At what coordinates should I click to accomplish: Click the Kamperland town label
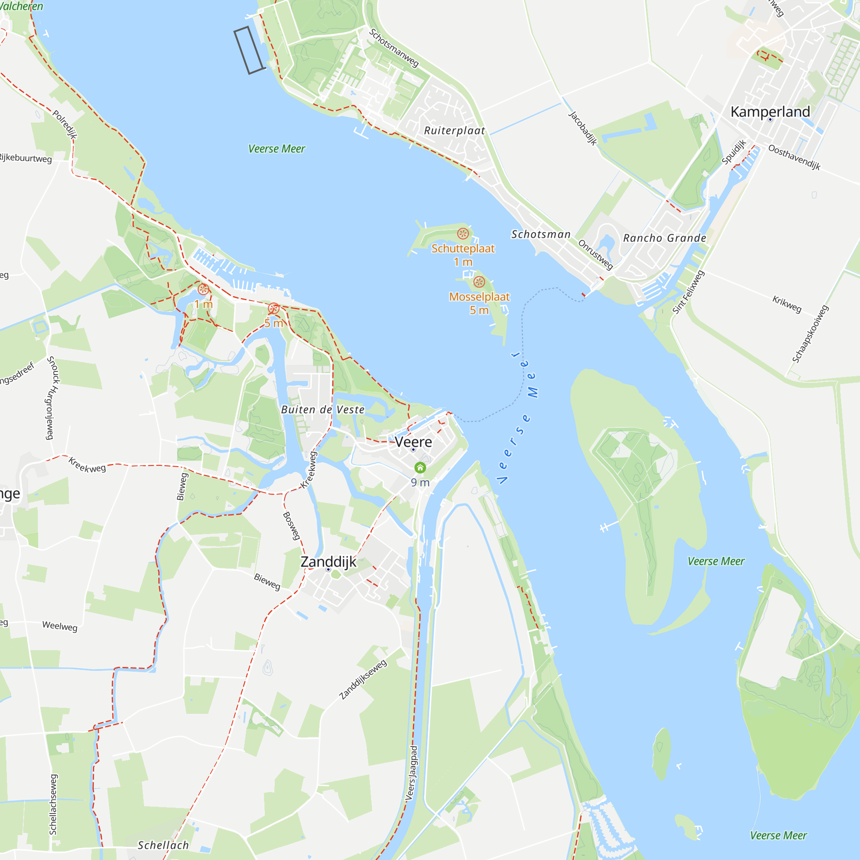point(770,112)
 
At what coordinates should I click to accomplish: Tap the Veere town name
point(413,442)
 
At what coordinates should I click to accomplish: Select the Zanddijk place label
point(329,562)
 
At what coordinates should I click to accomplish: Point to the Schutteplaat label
point(463,249)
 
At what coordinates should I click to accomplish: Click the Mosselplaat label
point(479,296)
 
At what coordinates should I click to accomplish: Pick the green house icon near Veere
point(420,467)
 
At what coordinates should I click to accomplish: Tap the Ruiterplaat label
point(455,130)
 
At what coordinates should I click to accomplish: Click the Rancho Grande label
point(665,238)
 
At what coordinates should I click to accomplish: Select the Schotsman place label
point(541,234)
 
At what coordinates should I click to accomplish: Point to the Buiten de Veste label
point(323,409)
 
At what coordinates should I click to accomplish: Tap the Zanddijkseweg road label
point(363,680)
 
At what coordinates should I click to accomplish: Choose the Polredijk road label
point(65,125)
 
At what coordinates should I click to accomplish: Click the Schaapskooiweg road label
point(810,334)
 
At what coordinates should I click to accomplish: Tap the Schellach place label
point(163,845)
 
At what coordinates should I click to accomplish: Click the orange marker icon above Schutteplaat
point(463,233)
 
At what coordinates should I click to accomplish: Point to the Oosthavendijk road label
point(794,157)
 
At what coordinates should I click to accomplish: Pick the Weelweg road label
point(60,627)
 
